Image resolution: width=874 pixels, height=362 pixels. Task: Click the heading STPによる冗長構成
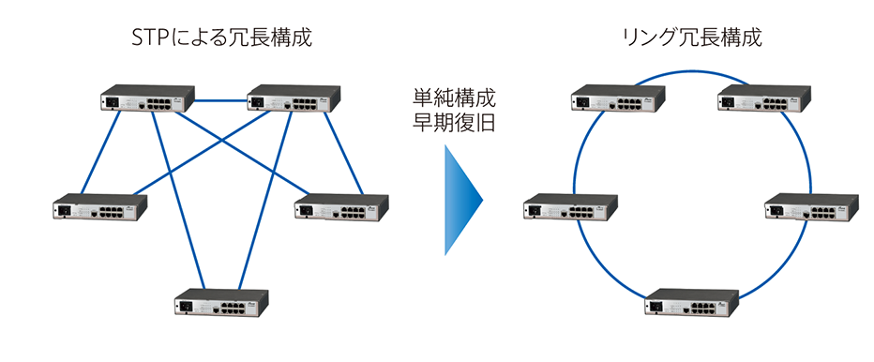click(222, 38)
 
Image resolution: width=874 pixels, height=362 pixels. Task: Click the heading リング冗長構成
click(691, 38)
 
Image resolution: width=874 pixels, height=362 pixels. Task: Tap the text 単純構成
click(454, 97)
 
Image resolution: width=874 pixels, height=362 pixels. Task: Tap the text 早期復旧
click(454, 124)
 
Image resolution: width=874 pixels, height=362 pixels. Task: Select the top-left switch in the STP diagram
click(148, 98)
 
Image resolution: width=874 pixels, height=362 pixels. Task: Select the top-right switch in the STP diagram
click(294, 98)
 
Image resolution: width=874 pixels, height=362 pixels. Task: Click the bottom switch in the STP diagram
click(221, 302)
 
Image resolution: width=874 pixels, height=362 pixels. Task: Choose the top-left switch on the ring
click(618, 98)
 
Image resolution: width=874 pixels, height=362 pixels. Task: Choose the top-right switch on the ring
click(763, 98)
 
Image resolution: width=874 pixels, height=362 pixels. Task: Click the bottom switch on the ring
click(692, 304)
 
